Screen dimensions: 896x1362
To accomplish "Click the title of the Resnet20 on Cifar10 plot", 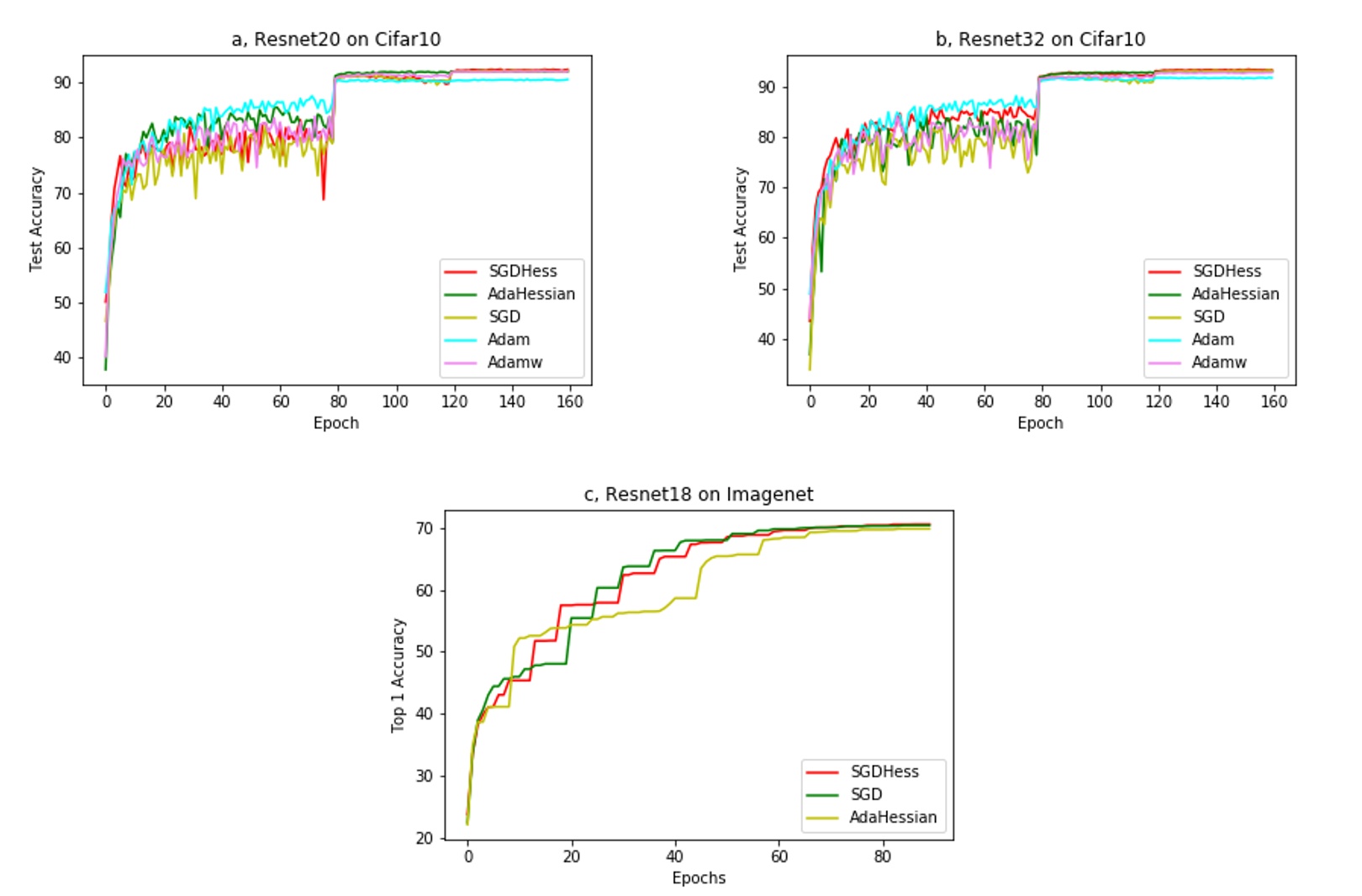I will coord(335,40).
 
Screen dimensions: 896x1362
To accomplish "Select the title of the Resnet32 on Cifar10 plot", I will coord(1040,40).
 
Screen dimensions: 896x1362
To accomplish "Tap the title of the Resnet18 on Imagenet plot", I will coord(699,495).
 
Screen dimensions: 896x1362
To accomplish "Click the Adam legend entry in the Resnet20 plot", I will coord(508,340).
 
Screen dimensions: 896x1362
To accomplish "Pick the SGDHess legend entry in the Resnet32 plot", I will coord(1226,272).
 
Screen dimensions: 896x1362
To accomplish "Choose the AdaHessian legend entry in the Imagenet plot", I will coord(892,818).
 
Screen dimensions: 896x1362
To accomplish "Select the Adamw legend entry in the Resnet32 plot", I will coord(1218,363).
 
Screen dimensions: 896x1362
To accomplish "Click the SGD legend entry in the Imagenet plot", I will coord(865,795).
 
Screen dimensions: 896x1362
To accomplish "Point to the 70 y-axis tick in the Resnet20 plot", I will coord(62,194).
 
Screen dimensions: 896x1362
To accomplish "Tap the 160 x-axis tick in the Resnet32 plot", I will coord(1274,402).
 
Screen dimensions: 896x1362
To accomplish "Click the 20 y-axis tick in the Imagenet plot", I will coord(425,838).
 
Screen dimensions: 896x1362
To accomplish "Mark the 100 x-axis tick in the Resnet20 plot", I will coord(395,402).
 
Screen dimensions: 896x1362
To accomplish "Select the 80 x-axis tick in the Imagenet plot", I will coord(882,857).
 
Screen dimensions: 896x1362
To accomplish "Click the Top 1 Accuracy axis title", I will coord(398,676).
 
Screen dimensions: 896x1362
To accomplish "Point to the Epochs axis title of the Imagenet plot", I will coord(699,878).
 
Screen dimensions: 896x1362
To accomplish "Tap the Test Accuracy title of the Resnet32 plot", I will coord(740,219).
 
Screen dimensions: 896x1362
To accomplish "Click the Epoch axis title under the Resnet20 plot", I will coord(335,423).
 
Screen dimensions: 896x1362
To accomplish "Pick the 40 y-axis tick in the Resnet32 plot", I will coord(766,340).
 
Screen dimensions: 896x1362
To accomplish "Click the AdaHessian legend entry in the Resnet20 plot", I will coord(531,294).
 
